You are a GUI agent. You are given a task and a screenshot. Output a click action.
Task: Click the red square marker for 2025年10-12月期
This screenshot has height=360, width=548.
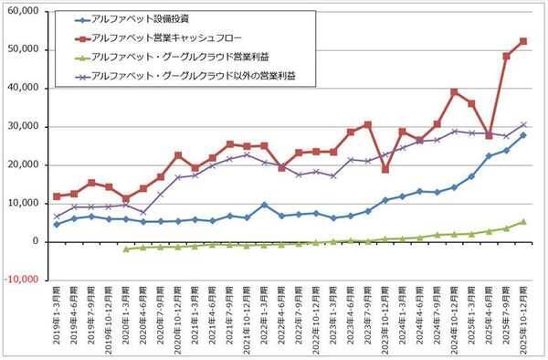523,41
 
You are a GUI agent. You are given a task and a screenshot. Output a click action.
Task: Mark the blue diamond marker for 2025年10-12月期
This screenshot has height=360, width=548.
523,135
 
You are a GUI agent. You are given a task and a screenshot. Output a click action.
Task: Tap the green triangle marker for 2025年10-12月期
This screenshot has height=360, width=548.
523,221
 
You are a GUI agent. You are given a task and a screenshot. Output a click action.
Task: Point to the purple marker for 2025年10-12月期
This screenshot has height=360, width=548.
523,124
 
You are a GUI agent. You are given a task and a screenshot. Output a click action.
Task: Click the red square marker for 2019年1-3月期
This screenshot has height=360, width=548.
57,196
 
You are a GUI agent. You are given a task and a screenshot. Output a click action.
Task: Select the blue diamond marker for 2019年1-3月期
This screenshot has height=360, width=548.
57,224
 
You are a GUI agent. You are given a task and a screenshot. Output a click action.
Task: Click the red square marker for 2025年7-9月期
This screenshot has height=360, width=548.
506,57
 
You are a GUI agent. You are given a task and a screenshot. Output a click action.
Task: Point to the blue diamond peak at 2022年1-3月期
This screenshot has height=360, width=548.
264,205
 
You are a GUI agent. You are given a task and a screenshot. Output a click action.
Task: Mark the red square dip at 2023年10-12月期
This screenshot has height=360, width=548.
385,169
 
